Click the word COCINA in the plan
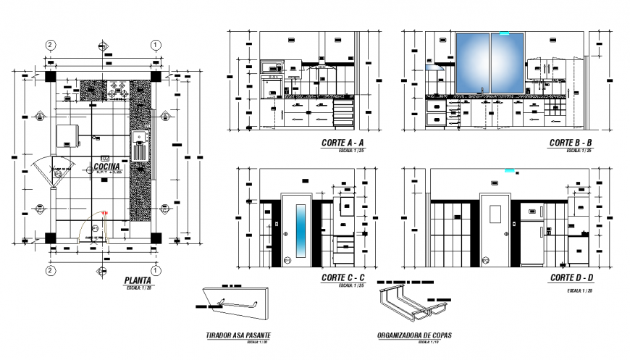[106, 167]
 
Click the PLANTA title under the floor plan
[137, 280]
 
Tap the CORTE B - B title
[571, 143]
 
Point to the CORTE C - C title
[343, 278]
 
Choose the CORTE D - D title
[571, 278]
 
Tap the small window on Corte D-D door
[495, 214]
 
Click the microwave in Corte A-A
[272, 68]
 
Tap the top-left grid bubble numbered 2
[50, 45]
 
